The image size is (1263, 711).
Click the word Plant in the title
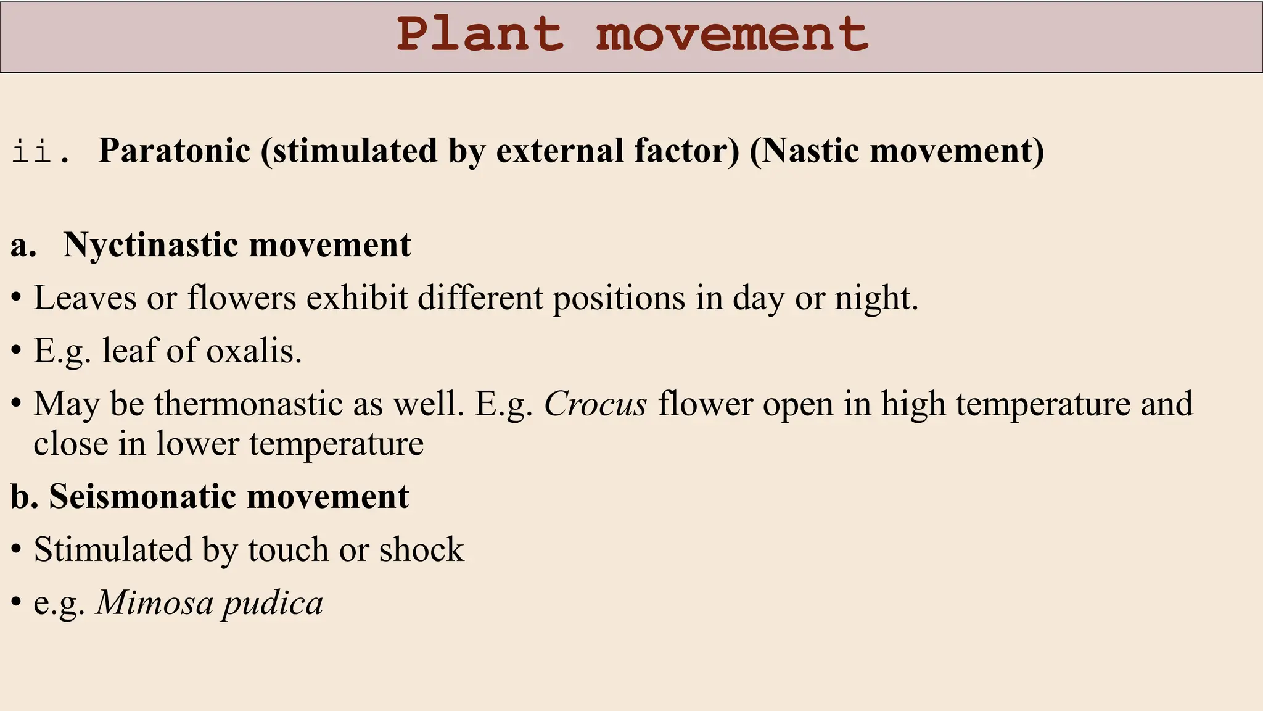click(480, 35)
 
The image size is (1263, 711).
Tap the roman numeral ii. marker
click(41, 151)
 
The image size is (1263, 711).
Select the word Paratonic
click(174, 151)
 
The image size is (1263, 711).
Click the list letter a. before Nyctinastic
click(23, 245)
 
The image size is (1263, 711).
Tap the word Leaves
click(84, 297)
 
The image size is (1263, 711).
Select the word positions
click(619, 299)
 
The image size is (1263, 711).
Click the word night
click(876, 299)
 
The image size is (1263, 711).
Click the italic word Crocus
click(595, 404)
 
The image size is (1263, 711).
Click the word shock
click(421, 549)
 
